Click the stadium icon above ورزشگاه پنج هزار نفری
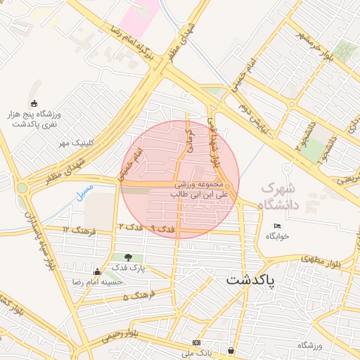click(x=36, y=104)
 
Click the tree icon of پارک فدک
click(x=128, y=258)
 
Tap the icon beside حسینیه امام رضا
click(x=97, y=271)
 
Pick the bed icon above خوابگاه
click(x=277, y=226)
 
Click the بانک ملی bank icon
click(x=195, y=342)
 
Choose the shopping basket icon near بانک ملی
click(x=231, y=349)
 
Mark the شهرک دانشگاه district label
click(x=279, y=197)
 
